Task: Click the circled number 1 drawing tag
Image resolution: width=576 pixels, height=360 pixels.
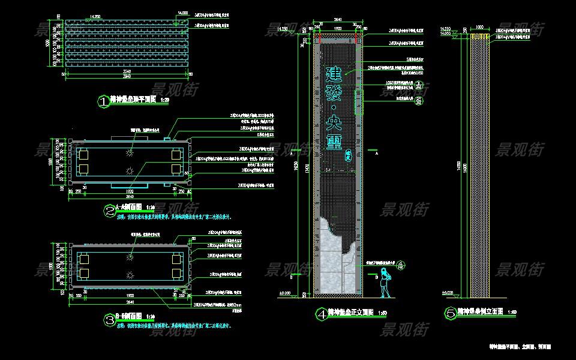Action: coord(104,102)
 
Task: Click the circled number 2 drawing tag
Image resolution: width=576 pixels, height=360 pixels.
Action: coord(110,211)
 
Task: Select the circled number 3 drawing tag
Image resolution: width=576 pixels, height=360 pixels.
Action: coord(110,320)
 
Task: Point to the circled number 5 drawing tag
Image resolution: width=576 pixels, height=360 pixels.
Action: coord(450,313)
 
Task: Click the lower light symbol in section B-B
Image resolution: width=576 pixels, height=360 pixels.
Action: coord(130,275)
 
